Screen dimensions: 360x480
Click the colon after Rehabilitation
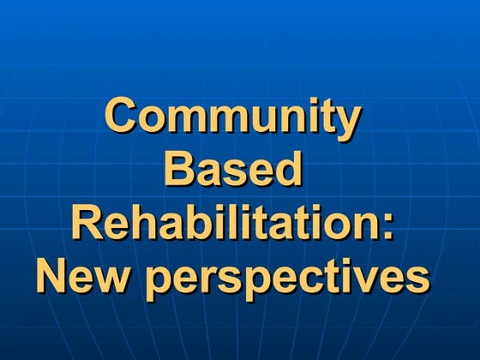click(x=389, y=225)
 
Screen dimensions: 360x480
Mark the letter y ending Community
click(x=345, y=122)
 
